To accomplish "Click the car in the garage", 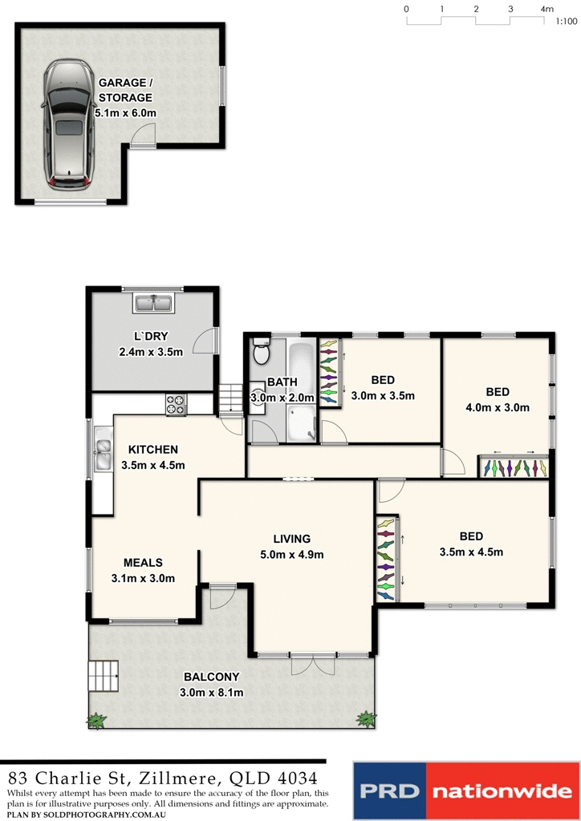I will pyautogui.click(x=68, y=127).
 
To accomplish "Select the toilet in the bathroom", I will pyautogui.click(x=260, y=352).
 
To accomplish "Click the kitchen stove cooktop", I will pyautogui.click(x=176, y=405).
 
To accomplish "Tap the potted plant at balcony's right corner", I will pyautogui.click(x=366, y=718).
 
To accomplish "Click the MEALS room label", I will pyautogui.click(x=143, y=563).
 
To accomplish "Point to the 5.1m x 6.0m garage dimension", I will pyautogui.click(x=125, y=113).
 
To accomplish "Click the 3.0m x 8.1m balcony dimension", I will pyautogui.click(x=213, y=693).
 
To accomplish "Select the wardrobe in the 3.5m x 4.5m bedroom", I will pyautogui.click(x=386, y=558).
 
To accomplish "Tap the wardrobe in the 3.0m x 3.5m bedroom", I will pyautogui.click(x=329, y=372).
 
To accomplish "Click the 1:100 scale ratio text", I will pyautogui.click(x=566, y=22).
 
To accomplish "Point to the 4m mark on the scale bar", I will pyautogui.click(x=548, y=9).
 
